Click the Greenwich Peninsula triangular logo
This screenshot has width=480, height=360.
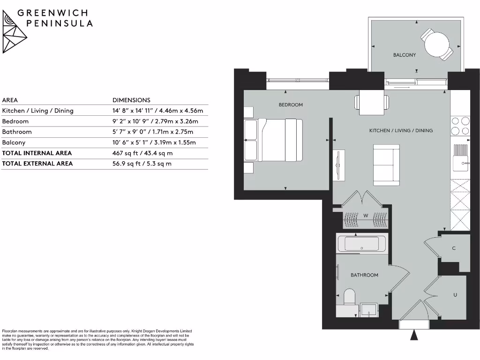tap(15, 31)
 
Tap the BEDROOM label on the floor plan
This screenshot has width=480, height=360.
tap(291, 105)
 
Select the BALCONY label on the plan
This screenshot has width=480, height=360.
tap(404, 55)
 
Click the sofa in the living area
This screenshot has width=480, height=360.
tap(386, 165)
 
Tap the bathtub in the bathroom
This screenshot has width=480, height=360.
tap(361, 244)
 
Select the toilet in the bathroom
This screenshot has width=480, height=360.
tap(350, 298)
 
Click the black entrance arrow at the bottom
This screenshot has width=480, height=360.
tap(414, 335)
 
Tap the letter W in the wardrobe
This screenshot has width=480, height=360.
tap(365, 216)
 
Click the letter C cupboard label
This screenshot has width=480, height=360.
tap(454, 248)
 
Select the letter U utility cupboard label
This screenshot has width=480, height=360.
tap(455, 295)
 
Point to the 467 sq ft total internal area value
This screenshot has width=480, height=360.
tap(142, 153)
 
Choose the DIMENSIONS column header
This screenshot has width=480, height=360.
tap(131, 100)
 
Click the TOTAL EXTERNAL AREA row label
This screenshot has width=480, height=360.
tap(37, 164)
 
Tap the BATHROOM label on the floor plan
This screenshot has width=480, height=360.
tap(364, 275)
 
